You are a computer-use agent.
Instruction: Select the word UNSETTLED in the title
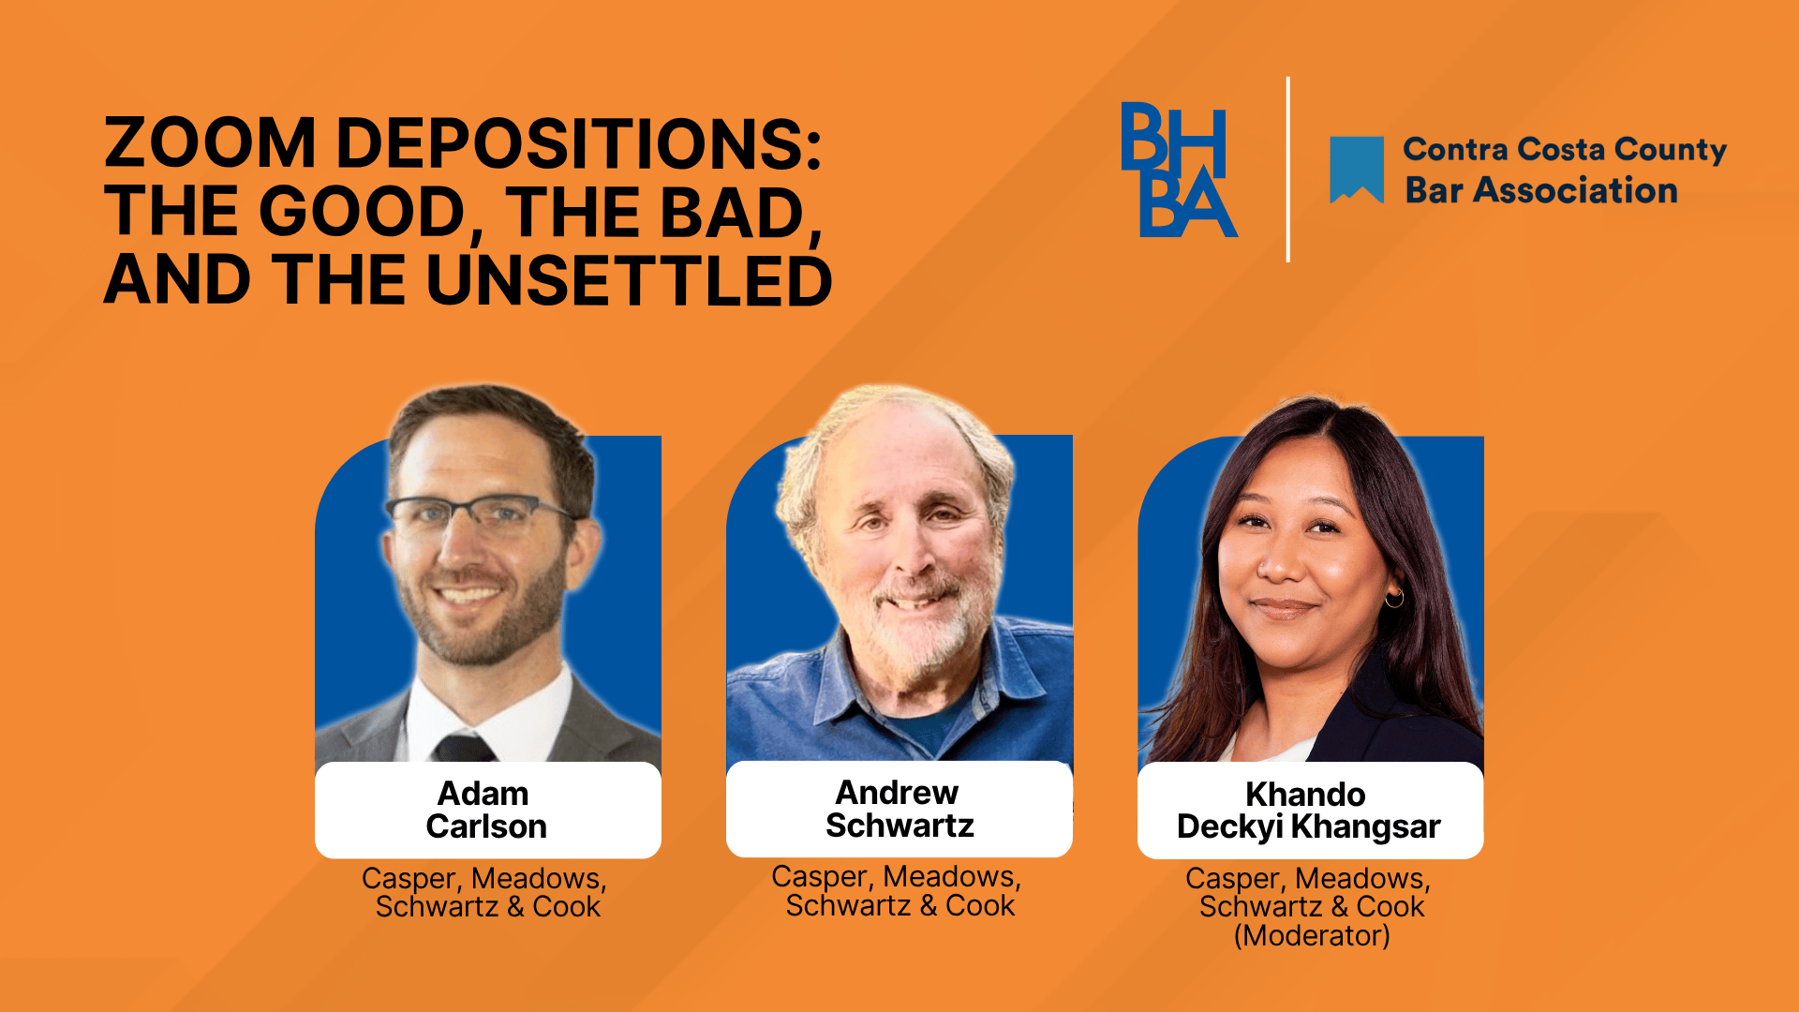pos(630,280)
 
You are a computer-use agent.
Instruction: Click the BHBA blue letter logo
pos(1179,170)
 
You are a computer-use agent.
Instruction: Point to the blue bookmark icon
pos(1357,170)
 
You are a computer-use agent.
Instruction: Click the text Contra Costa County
pos(1565,150)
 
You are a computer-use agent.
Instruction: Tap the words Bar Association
pos(1541,190)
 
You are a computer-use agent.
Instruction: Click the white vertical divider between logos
pos(1288,170)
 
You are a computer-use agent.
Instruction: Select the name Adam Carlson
pos(486,810)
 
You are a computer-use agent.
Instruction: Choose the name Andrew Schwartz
pos(899,809)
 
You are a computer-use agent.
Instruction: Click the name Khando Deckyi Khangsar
pos(1309,811)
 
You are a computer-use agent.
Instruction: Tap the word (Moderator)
pos(1312,935)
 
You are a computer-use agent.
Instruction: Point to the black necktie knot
pos(463,748)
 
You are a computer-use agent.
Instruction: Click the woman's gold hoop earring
pos(1394,597)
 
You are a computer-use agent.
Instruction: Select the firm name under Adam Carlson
pos(485,893)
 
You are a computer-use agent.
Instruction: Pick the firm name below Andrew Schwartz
pos(898,891)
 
